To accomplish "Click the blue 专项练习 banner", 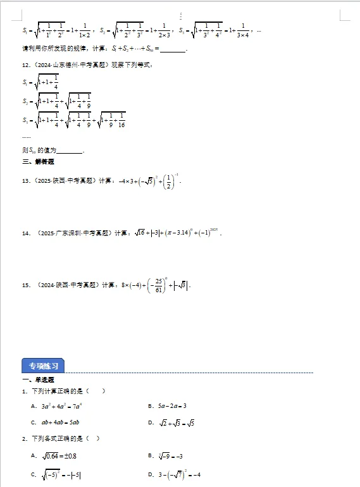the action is click(x=43, y=366).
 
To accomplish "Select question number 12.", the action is click(x=26, y=65).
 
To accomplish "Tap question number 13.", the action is click(x=26, y=182).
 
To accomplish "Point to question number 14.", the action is click(x=26, y=233).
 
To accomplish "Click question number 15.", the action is click(x=26, y=285).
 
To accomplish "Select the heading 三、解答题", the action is click(x=37, y=162).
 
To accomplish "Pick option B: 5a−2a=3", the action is click(x=166, y=406).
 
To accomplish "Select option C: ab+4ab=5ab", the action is click(x=58, y=422).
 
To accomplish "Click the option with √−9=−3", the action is click(x=166, y=456).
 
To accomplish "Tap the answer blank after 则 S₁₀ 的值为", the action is click(x=70, y=151).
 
